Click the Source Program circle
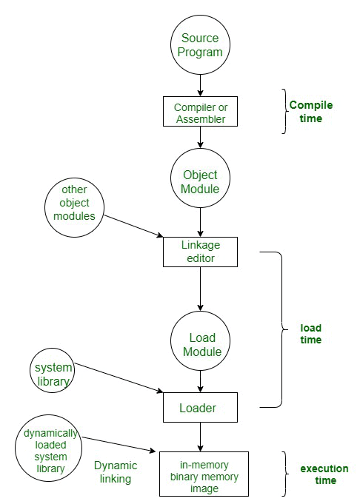click(x=200, y=46)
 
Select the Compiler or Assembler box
click(x=200, y=112)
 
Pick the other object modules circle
click(x=74, y=203)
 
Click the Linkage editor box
click(x=200, y=252)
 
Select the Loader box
click(x=200, y=408)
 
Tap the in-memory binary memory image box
click(x=200, y=474)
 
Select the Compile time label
click(x=310, y=111)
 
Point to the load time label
click(x=310, y=334)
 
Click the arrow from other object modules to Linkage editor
click(x=133, y=225)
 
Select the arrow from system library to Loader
click(x=119, y=378)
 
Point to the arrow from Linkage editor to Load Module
click(x=200, y=288)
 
